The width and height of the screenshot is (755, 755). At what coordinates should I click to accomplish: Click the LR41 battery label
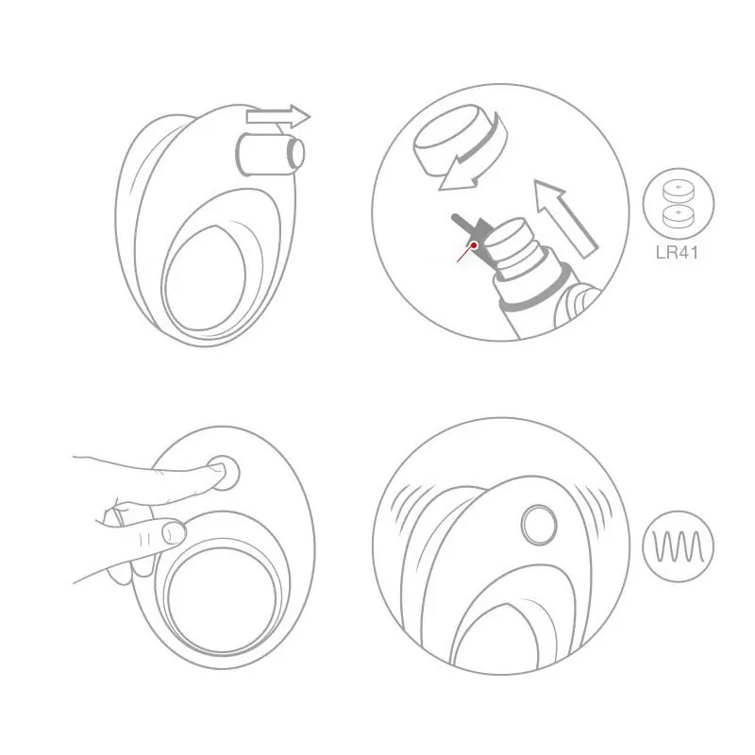677,252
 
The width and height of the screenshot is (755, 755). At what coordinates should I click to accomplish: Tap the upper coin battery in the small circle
679,191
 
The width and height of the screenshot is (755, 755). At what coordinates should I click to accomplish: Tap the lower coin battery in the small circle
679,216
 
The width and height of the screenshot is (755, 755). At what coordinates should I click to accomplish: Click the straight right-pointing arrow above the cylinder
278,116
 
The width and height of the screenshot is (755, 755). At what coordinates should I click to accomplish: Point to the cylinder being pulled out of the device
270,154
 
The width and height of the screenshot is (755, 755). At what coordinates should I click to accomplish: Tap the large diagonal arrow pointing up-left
565,218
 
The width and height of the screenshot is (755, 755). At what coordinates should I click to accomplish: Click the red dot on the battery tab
474,245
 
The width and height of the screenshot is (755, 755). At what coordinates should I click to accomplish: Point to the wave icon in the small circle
679,546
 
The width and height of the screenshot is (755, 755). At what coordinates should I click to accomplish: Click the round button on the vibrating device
539,525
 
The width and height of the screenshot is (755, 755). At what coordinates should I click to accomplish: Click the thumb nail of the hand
174,533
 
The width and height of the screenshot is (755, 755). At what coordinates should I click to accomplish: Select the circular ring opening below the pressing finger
222,598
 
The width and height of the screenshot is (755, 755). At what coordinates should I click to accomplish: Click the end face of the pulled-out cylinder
295,153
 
